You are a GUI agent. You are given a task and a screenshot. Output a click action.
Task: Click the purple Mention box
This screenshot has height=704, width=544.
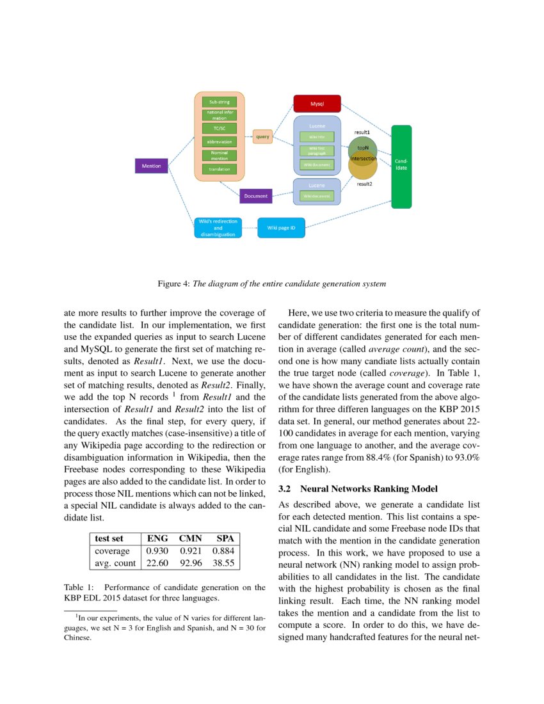[x=152, y=166]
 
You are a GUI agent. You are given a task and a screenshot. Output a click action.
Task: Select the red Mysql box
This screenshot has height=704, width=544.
[x=317, y=103]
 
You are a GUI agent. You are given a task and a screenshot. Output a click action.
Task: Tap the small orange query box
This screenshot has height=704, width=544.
[x=262, y=136]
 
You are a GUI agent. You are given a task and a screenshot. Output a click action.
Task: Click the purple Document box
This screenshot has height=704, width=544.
[x=255, y=196]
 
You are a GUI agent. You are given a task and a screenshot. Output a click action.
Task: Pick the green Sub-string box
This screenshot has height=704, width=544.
[x=220, y=102]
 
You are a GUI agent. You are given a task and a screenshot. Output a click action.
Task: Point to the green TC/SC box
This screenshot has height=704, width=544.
[x=220, y=128]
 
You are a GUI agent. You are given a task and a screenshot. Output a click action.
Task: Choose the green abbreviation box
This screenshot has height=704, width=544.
[x=220, y=141]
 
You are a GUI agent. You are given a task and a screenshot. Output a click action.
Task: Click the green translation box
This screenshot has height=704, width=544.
[x=220, y=169]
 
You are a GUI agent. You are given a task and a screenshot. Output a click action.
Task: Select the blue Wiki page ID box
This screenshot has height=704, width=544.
[x=281, y=227]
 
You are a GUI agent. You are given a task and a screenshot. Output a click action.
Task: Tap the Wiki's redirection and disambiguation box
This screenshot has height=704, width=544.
[x=218, y=228]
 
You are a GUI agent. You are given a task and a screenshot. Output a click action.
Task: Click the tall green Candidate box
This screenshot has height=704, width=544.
[x=401, y=166]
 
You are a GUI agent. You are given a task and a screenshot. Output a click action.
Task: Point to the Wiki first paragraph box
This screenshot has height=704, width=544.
[x=317, y=150]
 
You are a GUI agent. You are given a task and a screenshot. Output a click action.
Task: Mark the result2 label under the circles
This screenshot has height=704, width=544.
[x=365, y=184]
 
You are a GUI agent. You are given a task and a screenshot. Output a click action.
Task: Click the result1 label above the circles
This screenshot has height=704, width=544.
[x=362, y=132]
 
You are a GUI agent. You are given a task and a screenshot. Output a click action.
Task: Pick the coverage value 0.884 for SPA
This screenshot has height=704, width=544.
[x=224, y=550]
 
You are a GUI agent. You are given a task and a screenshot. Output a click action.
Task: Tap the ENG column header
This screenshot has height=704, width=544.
[x=157, y=538]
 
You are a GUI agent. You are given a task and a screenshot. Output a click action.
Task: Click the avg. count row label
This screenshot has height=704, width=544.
[x=115, y=563]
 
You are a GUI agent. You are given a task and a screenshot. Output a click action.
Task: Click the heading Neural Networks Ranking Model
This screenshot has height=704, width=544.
[x=369, y=489]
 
